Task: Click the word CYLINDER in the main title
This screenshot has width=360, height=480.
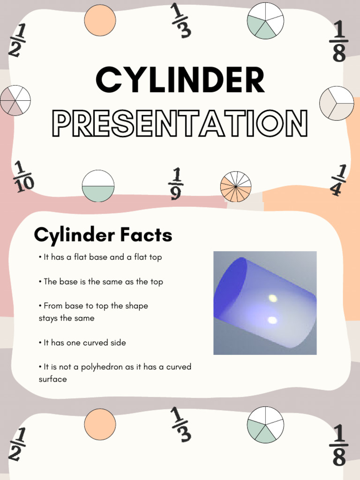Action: (x=180, y=80)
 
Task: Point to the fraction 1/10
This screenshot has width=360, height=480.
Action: (x=23, y=177)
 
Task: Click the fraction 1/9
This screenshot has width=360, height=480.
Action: (x=176, y=184)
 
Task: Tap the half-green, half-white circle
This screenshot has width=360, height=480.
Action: (x=98, y=186)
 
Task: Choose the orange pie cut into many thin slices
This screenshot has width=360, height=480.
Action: (x=236, y=187)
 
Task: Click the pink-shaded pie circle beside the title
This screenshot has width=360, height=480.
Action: (x=15, y=100)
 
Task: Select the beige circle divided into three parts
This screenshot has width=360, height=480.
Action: (x=337, y=103)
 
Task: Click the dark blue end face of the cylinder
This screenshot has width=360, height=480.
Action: (x=230, y=287)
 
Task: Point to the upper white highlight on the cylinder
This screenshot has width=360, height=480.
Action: (x=272, y=298)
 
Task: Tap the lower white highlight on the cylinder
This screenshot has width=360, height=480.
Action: (x=271, y=320)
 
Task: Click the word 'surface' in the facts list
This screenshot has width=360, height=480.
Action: (x=52, y=379)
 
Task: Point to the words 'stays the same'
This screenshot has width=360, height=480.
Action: (x=67, y=318)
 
